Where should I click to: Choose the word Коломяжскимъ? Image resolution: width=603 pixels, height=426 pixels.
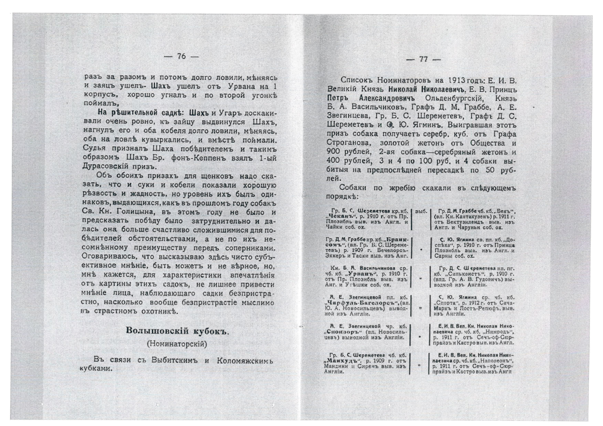coord(245,361)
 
